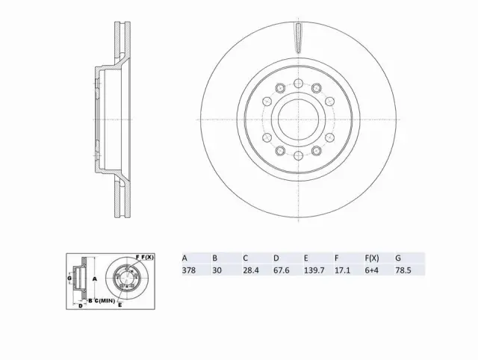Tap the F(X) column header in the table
click(x=371, y=257)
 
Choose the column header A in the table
click(x=184, y=257)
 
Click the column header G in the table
click(x=398, y=257)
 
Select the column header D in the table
click(x=276, y=257)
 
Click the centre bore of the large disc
click(x=297, y=120)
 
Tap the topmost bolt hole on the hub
click(x=297, y=83)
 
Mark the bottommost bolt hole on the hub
click(x=297, y=156)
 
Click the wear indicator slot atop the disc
click(x=297, y=37)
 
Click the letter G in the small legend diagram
click(x=69, y=279)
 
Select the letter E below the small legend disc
click(x=120, y=305)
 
